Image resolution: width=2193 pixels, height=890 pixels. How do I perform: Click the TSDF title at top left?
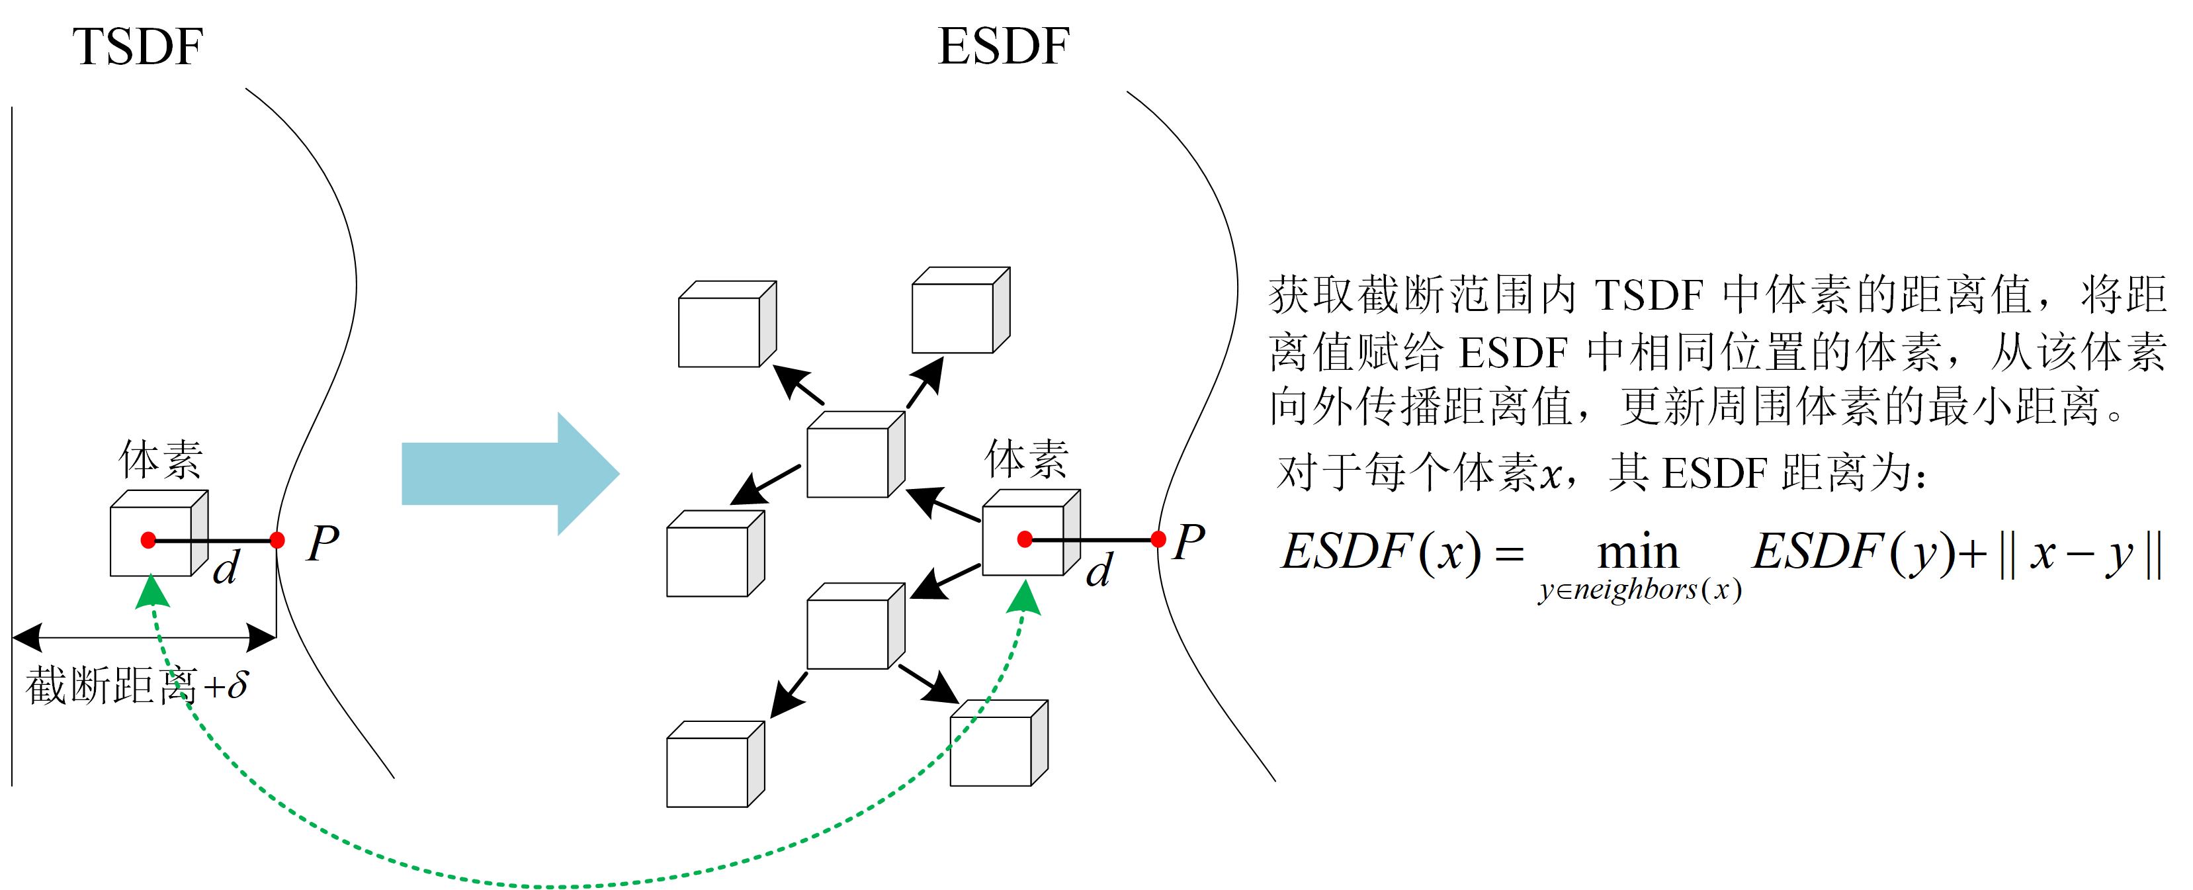(x=137, y=47)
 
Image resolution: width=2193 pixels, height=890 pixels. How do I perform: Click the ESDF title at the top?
(x=1003, y=47)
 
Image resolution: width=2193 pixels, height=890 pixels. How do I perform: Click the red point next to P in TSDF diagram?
(x=277, y=540)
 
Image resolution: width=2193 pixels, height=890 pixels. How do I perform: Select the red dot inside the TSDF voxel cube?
(x=148, y=540)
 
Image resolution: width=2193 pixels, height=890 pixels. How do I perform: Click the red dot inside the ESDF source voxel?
(x=1025, y=539)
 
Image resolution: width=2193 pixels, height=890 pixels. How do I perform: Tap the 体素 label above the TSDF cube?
(x=160, y=460)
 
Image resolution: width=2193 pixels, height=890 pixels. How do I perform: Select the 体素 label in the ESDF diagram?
(x=1026, y=460)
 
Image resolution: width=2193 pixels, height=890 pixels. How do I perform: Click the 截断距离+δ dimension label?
(x=136, y=686)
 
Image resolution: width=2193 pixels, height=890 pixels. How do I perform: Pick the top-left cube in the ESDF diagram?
(x=726, y=324)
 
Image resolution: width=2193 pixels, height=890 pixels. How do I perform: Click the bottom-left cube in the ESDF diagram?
(x=714, y=764)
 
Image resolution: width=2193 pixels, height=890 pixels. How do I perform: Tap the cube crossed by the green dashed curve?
(x=998, y=744)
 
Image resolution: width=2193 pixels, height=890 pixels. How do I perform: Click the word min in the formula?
(x=1637, y=552)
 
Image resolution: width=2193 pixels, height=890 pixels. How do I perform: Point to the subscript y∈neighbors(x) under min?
(x=1639, y=590)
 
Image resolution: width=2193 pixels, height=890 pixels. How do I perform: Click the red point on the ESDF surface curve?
(x=1158, y=539)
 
